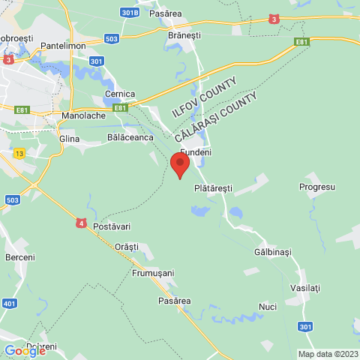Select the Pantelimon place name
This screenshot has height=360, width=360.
pos(66,46)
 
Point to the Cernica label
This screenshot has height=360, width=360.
pos(120,94)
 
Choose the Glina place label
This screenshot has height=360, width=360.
pos(68,139)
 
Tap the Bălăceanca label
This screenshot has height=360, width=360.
pos(130,137)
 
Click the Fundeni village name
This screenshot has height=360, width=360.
pos(196,152)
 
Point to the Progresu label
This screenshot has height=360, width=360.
pos(316,186)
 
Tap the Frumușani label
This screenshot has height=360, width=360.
pos(153,273)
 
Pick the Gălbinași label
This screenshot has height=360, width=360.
pos(272,252)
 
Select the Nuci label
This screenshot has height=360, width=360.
pos(268,307)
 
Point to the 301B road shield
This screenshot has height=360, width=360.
pos(130,13)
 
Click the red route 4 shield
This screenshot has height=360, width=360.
pos(81,223)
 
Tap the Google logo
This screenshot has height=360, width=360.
pos(24,350)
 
